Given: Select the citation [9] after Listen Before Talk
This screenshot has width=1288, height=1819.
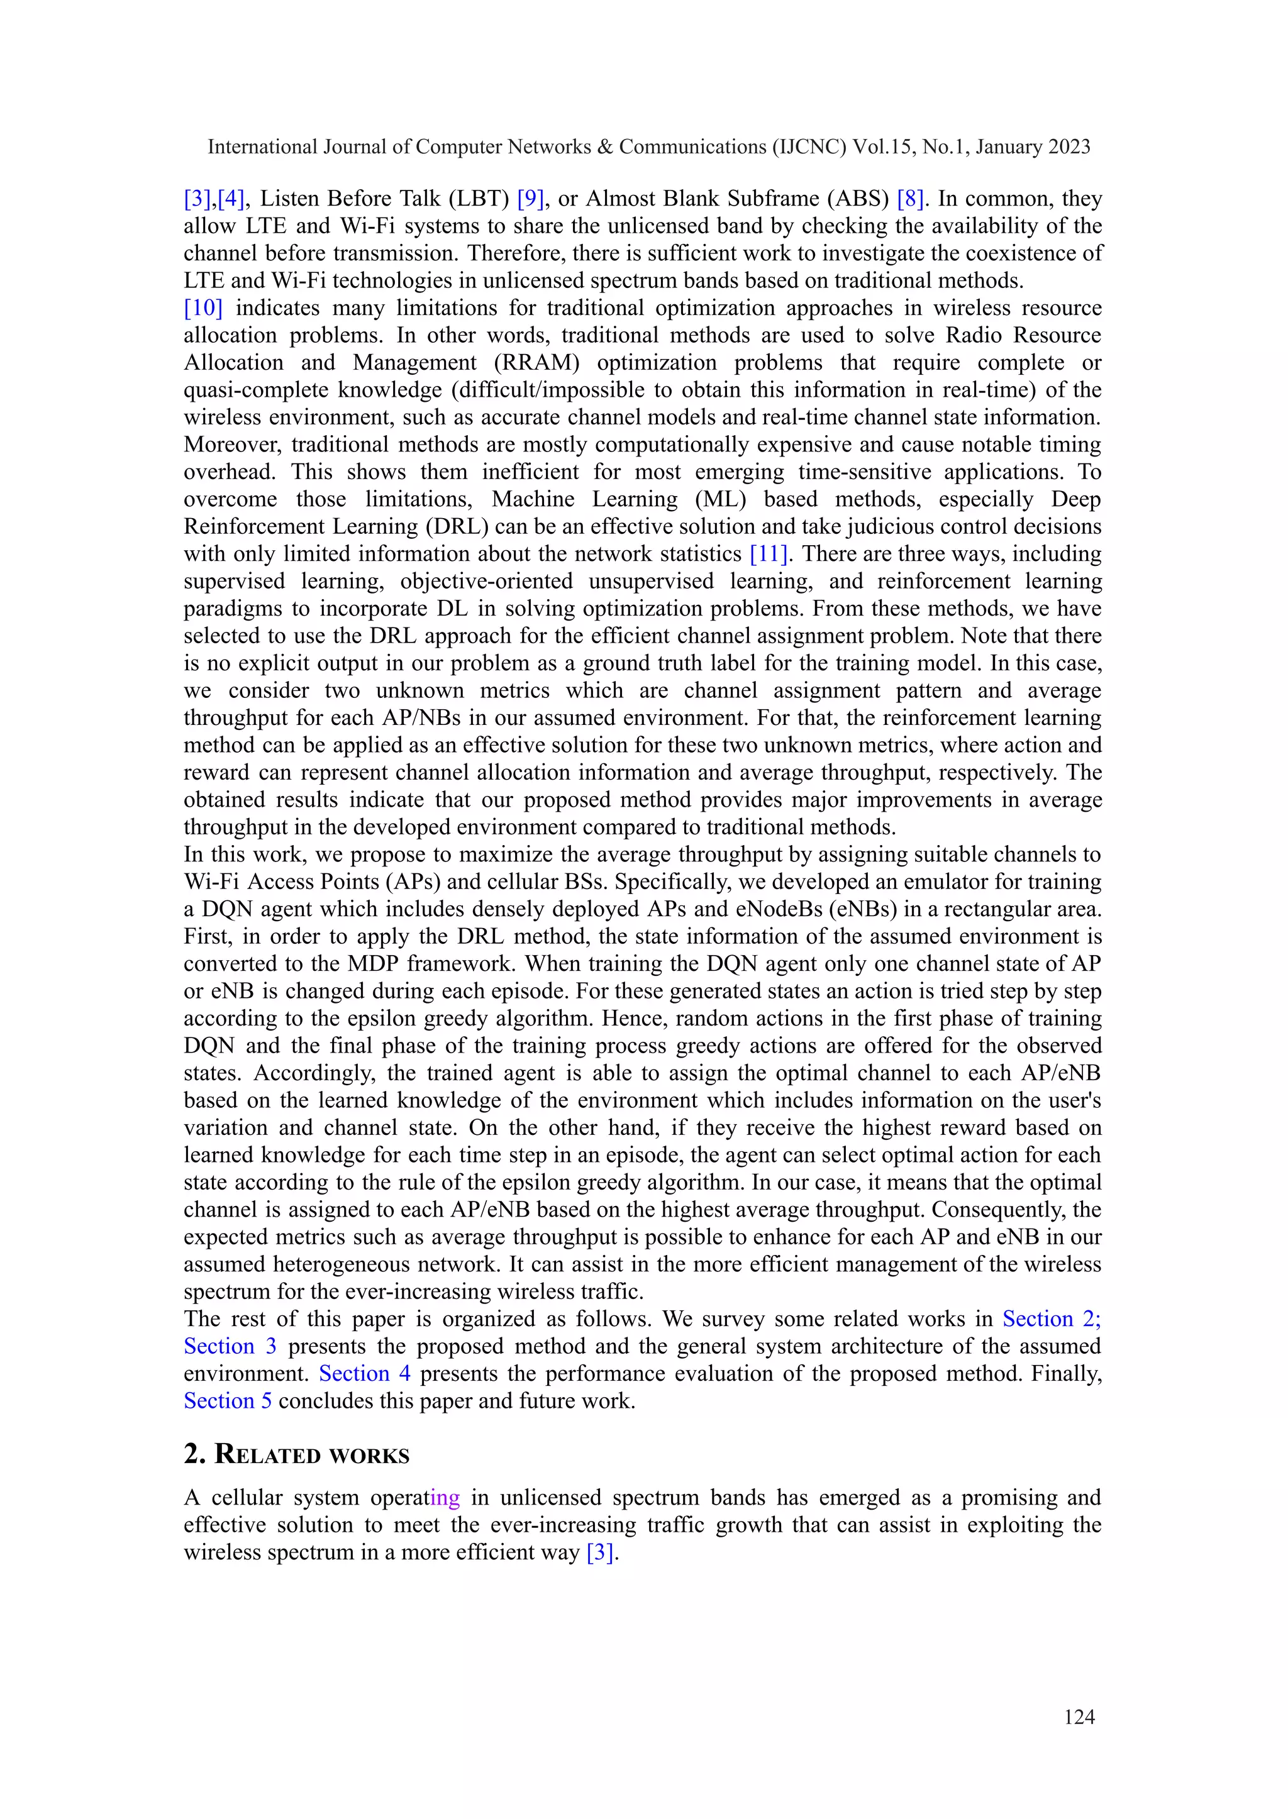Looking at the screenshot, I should pyautogui.click(x=530, y=198).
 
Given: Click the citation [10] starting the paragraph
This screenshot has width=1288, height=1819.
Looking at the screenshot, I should pyautogui.click(x=203, y=307).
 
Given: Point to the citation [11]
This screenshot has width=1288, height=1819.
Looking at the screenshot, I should pyautogui.click(x=769, y=553).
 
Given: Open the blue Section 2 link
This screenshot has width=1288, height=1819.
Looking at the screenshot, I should pyautogui.click(x=1051, y=1319).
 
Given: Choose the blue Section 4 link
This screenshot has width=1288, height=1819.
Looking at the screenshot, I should pyautogui.click(x=365, y=1373).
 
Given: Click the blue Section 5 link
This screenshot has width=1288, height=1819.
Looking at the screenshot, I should pyautogui.click(x=228, y=1400).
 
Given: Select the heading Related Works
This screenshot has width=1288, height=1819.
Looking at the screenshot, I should pyautogui.click(x=297, y=1454).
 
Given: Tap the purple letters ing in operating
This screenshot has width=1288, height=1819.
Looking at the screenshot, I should pyautogui.click(x=445, y=1497).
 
